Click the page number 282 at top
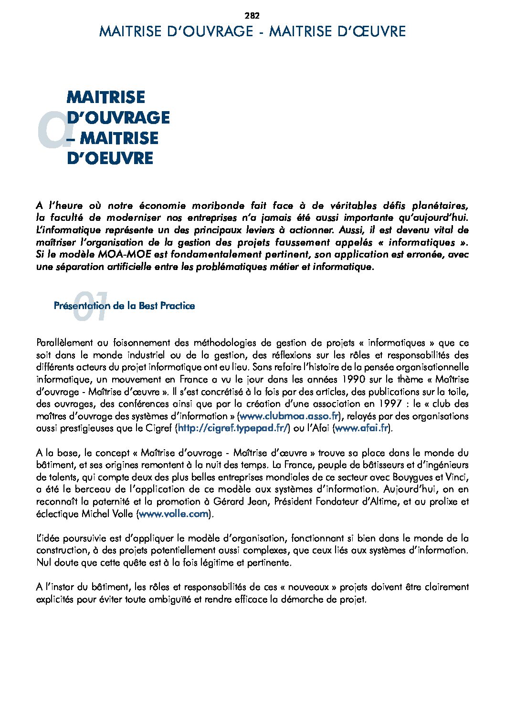pyautogui.click(x=252, y=15)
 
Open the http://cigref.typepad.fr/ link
pyautogui.click(x=233, y=428)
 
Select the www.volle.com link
pyautogui.click(x=174, y=514)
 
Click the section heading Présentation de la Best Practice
pyautogui.click(x=124, y=306)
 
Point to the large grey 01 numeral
pyautogui.click(x=91, y=307)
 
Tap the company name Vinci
pyautogui.click(x=458, y=477)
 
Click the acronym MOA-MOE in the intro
pyautogui.click(x=124, y=255)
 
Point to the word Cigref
pyautogui.click(x=159, y=428)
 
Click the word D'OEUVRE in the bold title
pyautogui.click(x=110, y=158)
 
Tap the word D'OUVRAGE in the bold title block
pyautogui.click(x=118, y=118)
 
